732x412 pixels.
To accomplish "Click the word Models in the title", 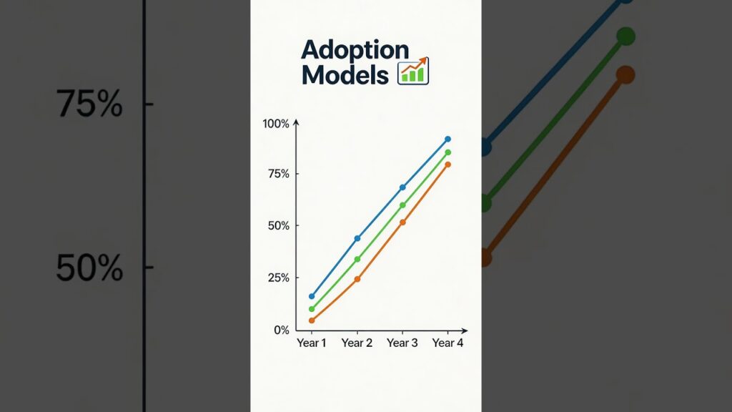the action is click(345, 74).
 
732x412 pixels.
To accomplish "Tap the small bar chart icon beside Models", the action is click(413, 71).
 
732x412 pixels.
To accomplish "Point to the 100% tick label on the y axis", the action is click(276, 124).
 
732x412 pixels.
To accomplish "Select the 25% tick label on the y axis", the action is click(279, 278).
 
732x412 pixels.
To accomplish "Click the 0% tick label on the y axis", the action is click(282, 330).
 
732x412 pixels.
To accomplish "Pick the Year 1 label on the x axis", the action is click(312, 343).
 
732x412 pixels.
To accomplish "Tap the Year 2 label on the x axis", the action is click(357, 343).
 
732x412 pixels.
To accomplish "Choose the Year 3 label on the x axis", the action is click(402, 343).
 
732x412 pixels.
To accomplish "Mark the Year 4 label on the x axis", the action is click(447, 343).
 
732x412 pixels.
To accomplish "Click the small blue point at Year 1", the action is click(312, 296).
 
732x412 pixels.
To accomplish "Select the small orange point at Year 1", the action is click(312, 320).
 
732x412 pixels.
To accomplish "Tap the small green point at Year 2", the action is click(357, 259).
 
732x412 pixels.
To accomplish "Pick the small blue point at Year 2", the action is click(357, 239).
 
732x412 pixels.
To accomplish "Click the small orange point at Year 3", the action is click(403, 222).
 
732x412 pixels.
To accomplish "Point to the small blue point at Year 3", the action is click(403, 187).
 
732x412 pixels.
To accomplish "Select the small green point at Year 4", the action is click(448, 152).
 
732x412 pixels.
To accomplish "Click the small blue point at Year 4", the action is click(448, 139).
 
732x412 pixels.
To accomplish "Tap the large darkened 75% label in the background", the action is click(89, 103).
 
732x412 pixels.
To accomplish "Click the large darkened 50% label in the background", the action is click(89, 268).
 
